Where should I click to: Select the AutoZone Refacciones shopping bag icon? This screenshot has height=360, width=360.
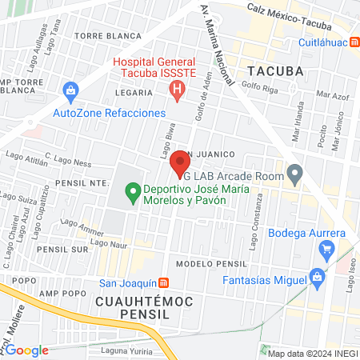[x=70, y=90]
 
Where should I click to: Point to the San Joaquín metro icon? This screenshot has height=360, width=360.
[x=163, y=282]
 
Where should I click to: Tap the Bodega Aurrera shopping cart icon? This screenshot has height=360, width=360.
[x=326, y=250]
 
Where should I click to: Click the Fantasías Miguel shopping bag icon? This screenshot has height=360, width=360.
[x=318, y=279]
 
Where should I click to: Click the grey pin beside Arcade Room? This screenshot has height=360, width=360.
[x=295, y=172]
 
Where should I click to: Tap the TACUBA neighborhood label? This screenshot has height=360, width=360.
[x=275, y=70]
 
